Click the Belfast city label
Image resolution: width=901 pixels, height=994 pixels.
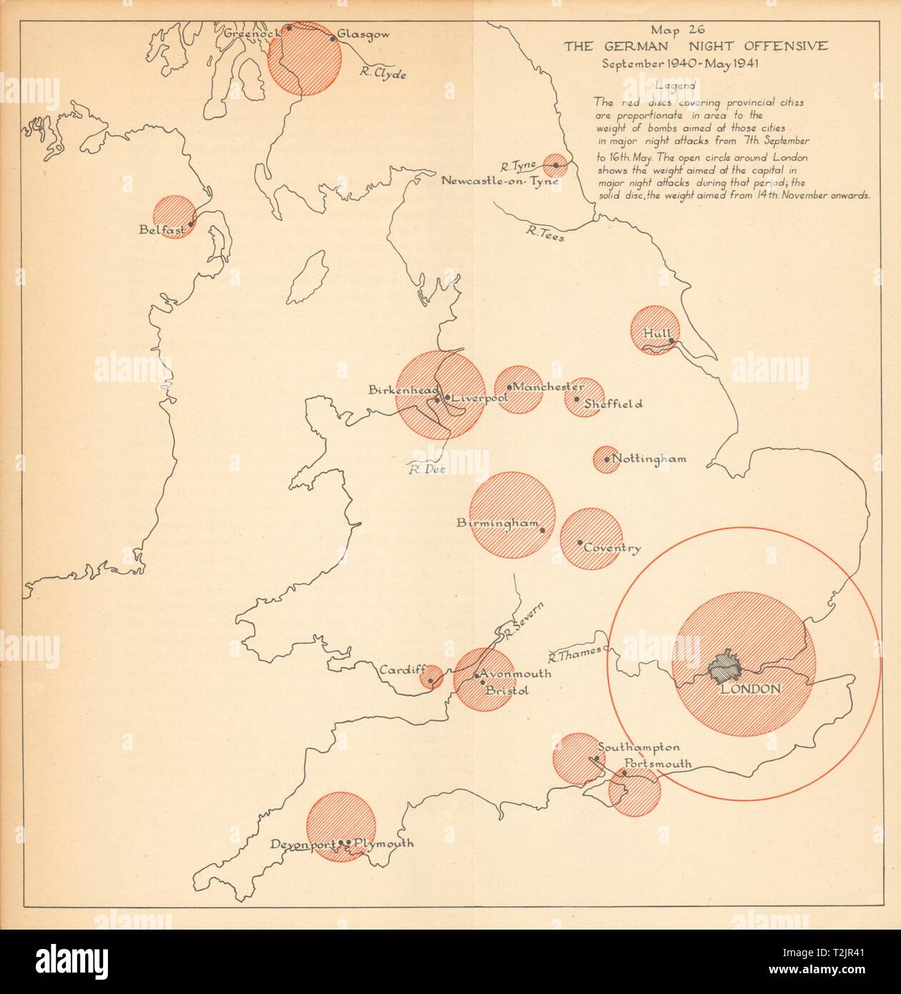(162, 230)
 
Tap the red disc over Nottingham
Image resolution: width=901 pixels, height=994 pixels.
(605, 458)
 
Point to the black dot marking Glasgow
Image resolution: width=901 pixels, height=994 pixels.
(333, 39)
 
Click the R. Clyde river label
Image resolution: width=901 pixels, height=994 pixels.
(383, 72)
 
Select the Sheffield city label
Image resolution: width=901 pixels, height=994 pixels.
(613, 404)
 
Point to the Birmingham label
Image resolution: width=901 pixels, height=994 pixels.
(497, 523)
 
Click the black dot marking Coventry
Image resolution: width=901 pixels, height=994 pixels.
(580, 542)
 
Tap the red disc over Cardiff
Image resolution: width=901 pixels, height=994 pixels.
(430, 676)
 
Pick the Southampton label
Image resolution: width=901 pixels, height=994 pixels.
(639, 747)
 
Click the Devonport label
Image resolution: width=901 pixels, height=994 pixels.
(302, 845)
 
